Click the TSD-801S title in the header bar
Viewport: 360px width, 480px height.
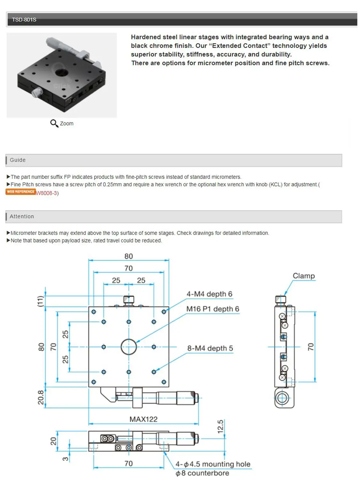pyautogui.click(x=24, y=20)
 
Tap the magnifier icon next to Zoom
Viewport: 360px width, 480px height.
pyautogui.click(x=54, y=123)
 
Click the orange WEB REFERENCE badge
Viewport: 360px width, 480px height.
pyautogui.click(x=20, y=192)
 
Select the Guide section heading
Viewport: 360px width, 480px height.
pyautogui.click(x=18, y=160)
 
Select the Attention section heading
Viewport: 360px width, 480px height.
pyautogui.click(x=22, y=216)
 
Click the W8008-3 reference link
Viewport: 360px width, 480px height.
pyautogui.click(x=47, y=193)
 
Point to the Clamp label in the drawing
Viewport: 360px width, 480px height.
pyautogui.click(x=304, y=276)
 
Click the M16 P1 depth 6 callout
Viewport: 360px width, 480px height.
pyautogui.click(x=212, y=309)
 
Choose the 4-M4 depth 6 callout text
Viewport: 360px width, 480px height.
pyautogui.click(x=209, y=294)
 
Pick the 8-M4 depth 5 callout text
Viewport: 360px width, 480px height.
pyautogui.click(x=210, y=348)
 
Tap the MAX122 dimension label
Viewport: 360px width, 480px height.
pyautogui.click(x=143, y=419)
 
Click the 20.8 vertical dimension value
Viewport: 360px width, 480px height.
pyautogui.click(x=41, y=397)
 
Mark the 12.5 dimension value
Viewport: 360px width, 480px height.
pyautogui.click(x=220, y=427)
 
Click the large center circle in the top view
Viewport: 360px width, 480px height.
pyautogui.click(x=129, y=347)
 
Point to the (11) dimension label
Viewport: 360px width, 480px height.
pyautogui.click(x=40, y=301)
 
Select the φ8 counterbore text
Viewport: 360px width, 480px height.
pyautogui.click(x=202, y=473)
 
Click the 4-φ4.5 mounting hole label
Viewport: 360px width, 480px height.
pyautogui.click(x=213, y=464)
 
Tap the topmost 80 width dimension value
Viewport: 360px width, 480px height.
pyautogui.click(x=129, y=256)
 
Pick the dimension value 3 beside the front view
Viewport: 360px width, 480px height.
pyautogui.click(x=65, y=459)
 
